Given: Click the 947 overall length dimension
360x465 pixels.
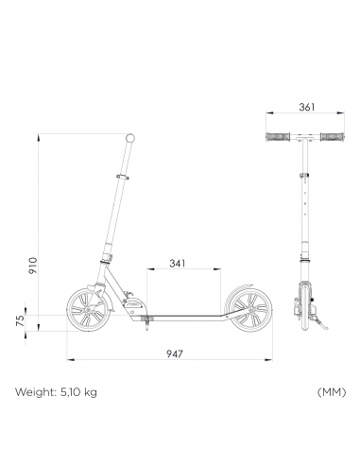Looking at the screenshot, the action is (x=174, y=353).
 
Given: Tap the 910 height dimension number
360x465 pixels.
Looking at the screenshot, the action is (x=33, y=266).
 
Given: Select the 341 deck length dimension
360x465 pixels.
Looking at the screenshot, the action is (x=178, y=263).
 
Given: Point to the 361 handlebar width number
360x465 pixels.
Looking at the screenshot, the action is (x=306, y=107).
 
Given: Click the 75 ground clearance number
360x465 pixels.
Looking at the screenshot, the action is (x=20, y=320).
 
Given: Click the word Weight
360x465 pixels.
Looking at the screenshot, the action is (x=36, y=392).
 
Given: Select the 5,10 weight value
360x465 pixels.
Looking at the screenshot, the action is (x=67, y=392).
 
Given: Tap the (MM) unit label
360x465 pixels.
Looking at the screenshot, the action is (x=332, y=392).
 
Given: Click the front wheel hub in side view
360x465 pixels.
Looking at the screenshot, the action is (x=88, y=310).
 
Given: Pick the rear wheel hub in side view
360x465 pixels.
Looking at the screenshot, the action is (x=251, y=311).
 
